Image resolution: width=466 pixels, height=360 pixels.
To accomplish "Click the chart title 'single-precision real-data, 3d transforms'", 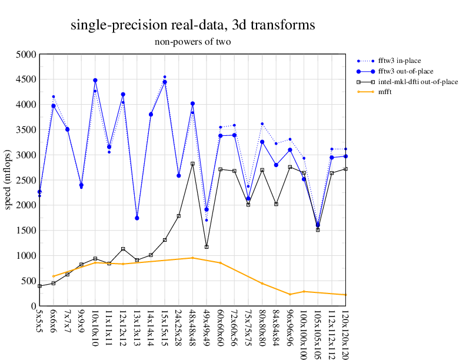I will [x=192, y=25].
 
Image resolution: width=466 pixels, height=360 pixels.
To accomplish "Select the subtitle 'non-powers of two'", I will [x=192, y=42].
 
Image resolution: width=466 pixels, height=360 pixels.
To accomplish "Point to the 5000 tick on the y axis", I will [x=26, y=54].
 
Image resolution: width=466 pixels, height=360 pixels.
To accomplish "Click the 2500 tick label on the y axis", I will [x=26, y=180].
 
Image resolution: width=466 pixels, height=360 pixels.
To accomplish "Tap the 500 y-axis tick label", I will [x=28, y=281].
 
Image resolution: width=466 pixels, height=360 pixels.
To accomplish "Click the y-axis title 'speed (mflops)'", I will [x=8, y=180].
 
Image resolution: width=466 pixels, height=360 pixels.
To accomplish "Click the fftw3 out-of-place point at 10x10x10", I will [x=95, y=80].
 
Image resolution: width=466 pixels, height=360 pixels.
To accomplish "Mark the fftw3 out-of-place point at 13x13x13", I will [x=137, y=218].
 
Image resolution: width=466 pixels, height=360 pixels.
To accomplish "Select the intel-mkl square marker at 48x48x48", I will [x=192, y=164].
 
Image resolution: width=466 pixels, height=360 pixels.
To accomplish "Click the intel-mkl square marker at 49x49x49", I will [x=207, y=247].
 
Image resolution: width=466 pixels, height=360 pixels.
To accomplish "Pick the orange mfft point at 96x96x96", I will [x=290, y=295].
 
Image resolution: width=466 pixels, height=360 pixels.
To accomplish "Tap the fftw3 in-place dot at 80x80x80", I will [x=262, y=124].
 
